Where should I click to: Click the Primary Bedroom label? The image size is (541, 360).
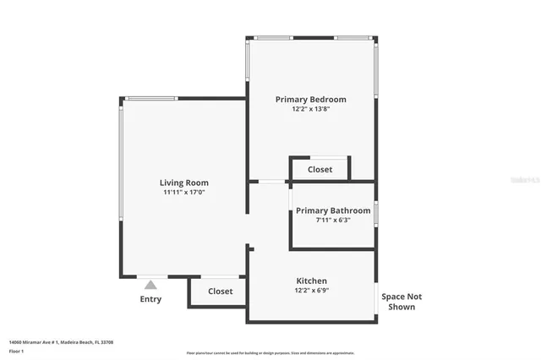tap(310, 99)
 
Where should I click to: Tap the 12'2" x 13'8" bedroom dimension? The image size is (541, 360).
tap(310, 109)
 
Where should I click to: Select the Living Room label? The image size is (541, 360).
tap(184, 183)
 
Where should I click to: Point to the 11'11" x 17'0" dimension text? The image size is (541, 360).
tap(184, 193)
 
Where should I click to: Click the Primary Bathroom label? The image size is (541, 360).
tap(333, 210)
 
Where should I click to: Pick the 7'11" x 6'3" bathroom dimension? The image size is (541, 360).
tap(333, 221)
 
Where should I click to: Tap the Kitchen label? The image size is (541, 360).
tap(311, 281)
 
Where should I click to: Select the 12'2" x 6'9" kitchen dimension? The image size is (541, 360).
tap(311, 291)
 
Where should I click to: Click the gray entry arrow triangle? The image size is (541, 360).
tap(150, 285)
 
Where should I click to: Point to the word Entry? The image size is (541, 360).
tap(150, 299)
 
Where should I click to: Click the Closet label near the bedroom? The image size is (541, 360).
tap(320, 169)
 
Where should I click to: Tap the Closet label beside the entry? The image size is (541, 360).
tap(221, 291)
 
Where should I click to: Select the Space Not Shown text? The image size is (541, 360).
tap(401, 302)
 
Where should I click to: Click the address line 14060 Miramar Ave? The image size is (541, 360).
tap(61, 342)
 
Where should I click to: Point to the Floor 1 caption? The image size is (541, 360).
tap(16, 351)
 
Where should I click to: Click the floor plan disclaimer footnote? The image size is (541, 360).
tap(270, 353)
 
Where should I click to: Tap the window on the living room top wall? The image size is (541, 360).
tap(151, 99)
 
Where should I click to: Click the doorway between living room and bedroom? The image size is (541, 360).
tap(271, 181)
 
